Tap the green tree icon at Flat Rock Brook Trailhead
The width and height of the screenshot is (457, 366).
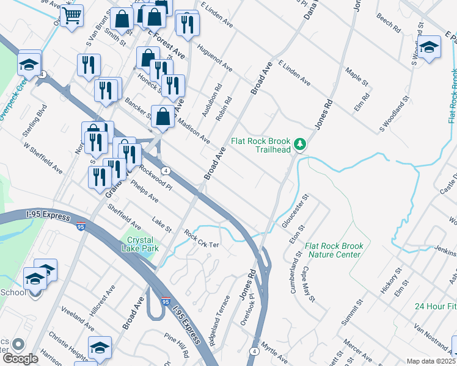[x=299, y=145]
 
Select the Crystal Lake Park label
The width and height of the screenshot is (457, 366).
[x=142, y=244]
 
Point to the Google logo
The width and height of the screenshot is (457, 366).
[x=20, y=358]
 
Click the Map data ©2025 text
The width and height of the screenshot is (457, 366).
[x=431, y=361]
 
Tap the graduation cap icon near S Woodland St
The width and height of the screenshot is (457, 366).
[x=429, y=47]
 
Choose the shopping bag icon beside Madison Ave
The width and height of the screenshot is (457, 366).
[x=164, y=116]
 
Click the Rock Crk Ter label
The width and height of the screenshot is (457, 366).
[x=201, y=239]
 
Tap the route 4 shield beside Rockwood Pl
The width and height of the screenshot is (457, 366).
[x=165, y=170]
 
